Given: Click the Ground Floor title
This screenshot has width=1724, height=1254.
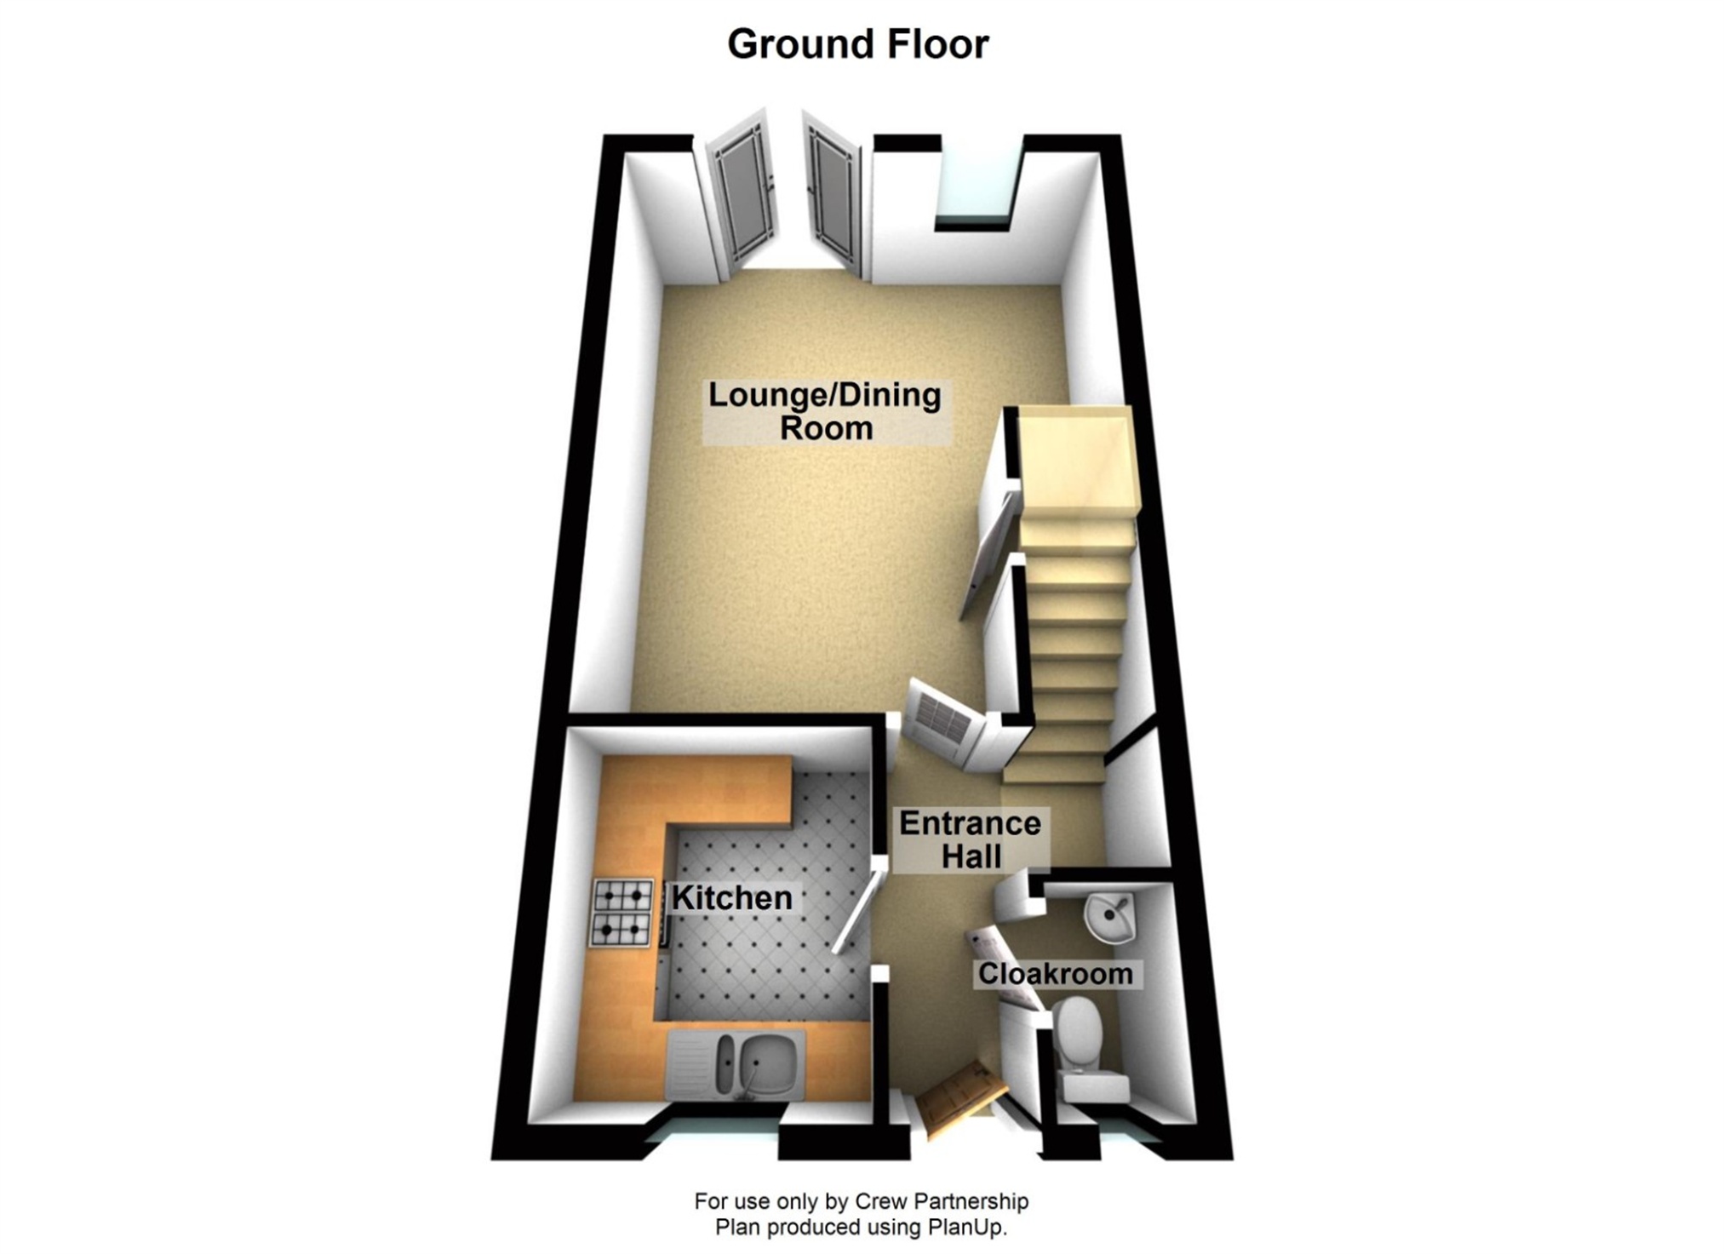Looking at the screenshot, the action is [x=857, y=44].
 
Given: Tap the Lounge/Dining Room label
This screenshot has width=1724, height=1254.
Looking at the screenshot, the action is [x=825, y=411].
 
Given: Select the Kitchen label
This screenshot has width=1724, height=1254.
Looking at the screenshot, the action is [x=732, y=897].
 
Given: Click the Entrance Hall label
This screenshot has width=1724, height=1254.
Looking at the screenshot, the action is [x=970, y=839].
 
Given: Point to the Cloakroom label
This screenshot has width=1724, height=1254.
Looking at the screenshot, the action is [x=1055, y=973].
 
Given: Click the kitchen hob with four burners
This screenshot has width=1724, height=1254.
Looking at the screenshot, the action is [x=623, y=913].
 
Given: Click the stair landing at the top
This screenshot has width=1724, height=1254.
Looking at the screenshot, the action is [x=1079, y=461].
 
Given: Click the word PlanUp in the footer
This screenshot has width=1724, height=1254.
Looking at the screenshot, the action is [x=966, y=1228].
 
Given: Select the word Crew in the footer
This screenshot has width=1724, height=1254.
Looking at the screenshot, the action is [x=881, y=1201].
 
